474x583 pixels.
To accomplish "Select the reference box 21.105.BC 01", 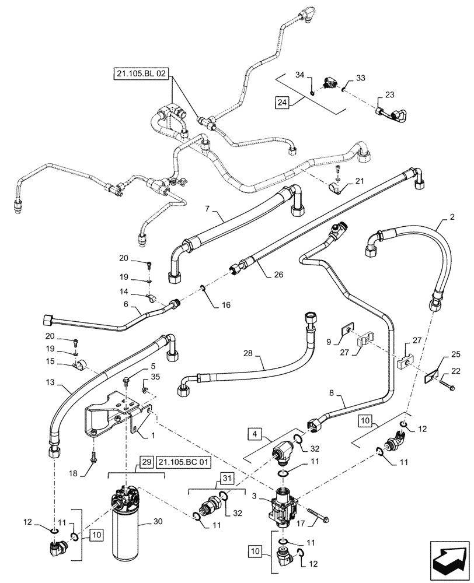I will pos(184,463).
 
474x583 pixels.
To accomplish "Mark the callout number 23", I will pos(389,94).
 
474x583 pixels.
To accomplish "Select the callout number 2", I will pos(451,217).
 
